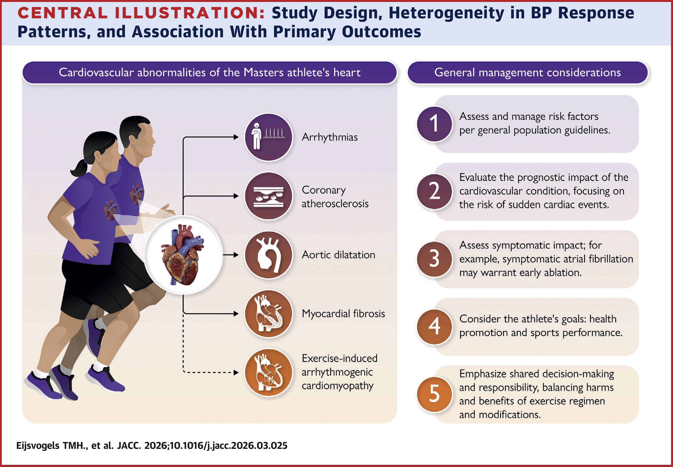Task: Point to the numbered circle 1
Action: click(434, 124)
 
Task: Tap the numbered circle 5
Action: click(434, 394)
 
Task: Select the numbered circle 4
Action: click(434, 326)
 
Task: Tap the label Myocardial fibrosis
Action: click(343, 314)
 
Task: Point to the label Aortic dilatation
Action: click(338, 255)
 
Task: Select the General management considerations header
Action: click(527, 72)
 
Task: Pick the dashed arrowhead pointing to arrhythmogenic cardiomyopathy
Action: click(236, 373)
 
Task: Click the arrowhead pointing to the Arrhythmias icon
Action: click(236, 137)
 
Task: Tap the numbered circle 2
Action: click(434, 191)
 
